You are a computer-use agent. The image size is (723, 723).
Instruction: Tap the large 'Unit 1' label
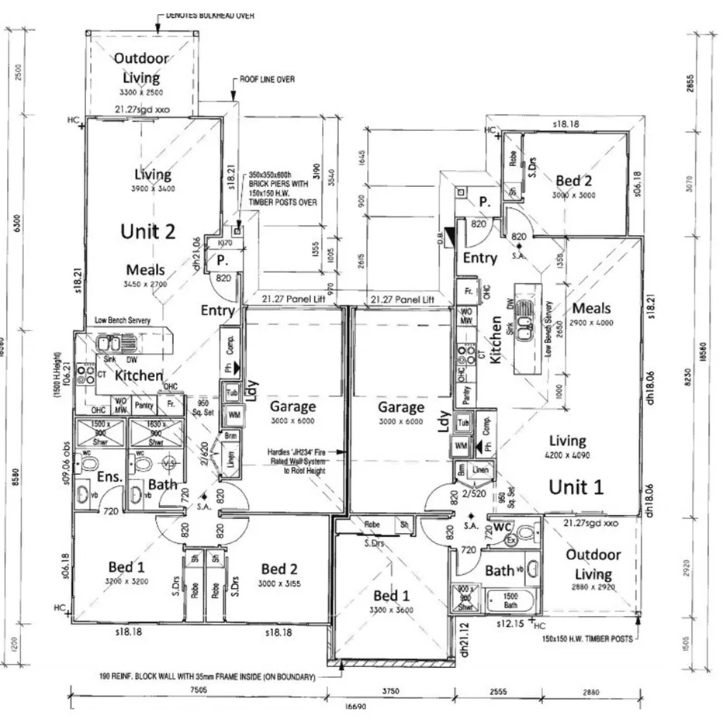pos(576,486)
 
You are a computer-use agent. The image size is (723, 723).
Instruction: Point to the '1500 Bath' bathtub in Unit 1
pos(510,601)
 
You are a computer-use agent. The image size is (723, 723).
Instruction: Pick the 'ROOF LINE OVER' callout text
pos(268,79)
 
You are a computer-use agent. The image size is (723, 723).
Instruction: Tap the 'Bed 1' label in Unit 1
pos(391,596)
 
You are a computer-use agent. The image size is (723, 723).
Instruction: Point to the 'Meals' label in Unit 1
pos(591,308)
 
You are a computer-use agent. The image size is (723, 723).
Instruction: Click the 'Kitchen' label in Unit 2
pos(139,375)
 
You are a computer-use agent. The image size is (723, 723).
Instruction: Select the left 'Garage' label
pos(292,406)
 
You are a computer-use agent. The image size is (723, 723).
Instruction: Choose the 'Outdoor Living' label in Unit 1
pos(593,564)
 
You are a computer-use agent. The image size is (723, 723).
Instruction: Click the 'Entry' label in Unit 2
pos(218,310)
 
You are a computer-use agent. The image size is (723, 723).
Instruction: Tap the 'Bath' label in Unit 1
pos(499,571)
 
